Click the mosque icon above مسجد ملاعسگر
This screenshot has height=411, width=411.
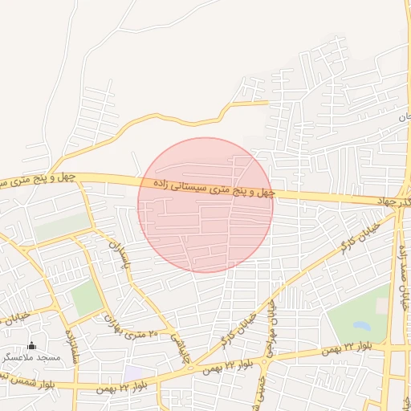[32, 346]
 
